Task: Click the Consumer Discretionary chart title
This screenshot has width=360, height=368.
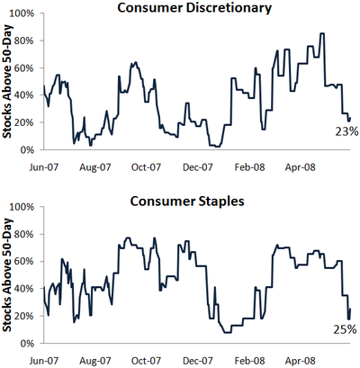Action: point(194,8)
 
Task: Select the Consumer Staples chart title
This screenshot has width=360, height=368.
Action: point(187,201)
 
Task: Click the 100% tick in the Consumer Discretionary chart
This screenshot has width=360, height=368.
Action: point(22,13)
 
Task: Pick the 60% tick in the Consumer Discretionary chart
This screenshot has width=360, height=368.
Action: point(23,67)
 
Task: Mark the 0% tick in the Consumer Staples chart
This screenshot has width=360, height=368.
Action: point(27,343)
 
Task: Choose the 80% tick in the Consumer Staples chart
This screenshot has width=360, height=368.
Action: point(23,234)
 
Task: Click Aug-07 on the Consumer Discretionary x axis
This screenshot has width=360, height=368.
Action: point(95,167)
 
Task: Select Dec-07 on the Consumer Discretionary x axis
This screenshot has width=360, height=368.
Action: point(198,167)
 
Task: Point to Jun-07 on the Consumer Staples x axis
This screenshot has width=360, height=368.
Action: point(44,360)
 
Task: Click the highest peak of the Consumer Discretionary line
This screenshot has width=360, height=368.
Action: point(322,33)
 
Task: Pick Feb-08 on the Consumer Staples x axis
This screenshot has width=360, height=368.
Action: point(249,360)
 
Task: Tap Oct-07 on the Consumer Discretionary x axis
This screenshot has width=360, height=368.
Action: point(146,167)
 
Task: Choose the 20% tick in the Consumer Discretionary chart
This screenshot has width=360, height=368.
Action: point(23,122)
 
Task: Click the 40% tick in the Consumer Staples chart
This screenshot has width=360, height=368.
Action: point(23,289)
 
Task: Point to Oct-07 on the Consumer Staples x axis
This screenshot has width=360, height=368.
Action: point(146,360)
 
